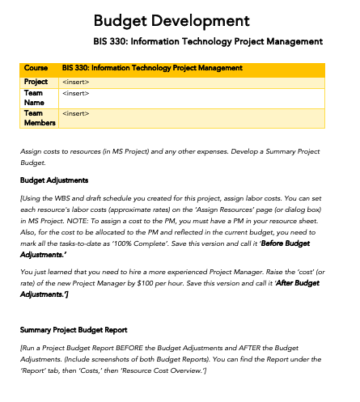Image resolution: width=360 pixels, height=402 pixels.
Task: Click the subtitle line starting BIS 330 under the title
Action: pyautogui.click(x=209, y=41)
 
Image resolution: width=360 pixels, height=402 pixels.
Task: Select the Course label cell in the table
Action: pyautogui.click(x=36, y=68)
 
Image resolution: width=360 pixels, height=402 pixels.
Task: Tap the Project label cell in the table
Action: pyautogui.click(x=36, y=82)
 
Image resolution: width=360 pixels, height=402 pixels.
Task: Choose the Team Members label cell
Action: pyautogui.click(x=36, y=118)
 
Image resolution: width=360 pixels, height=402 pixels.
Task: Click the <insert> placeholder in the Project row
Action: pyautogui.click(x=75, y=82)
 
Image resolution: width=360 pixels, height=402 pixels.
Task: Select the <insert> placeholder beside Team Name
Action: pyautogui.click(x=75, y=93)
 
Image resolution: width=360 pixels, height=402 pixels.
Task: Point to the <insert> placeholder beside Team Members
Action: pyautogui.click(x=75, y=113)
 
